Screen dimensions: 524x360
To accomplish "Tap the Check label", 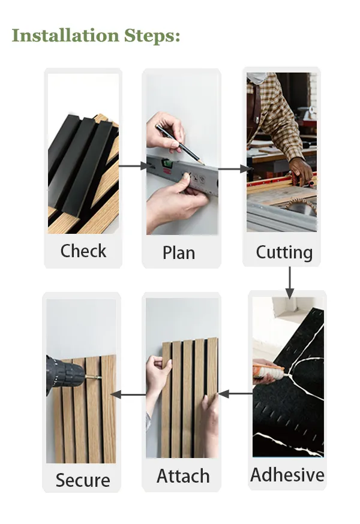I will [83, 251].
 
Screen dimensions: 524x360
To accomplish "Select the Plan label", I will [179, 253].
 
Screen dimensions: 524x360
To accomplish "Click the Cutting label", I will [284, 252].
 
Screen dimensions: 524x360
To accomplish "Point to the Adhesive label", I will [287, 475].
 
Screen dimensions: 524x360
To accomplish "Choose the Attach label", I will [183, 476].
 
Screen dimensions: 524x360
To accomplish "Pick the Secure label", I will [83, 480].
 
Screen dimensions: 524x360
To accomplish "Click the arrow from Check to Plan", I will [133, 165].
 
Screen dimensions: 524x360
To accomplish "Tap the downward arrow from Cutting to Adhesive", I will [290, 282].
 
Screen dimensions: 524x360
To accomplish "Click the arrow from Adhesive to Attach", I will [235, 394].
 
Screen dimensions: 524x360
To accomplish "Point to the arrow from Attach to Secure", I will [129, 394].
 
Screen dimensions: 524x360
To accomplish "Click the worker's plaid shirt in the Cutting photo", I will [281, 108].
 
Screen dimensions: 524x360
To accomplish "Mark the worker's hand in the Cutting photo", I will [300, 170].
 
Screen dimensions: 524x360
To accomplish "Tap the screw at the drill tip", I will [94, 377].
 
